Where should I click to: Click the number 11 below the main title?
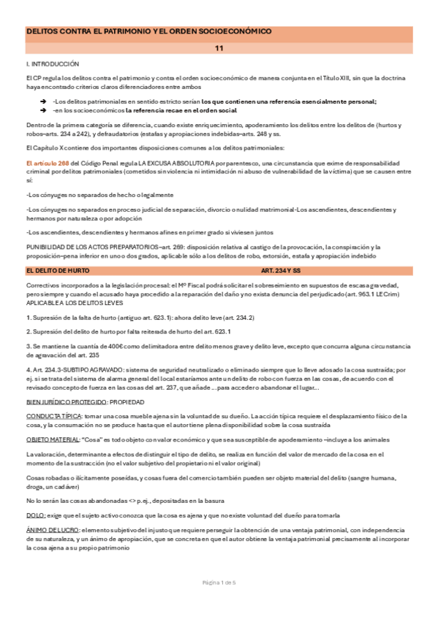(219, 48)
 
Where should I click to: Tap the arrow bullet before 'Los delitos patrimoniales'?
(45, 101)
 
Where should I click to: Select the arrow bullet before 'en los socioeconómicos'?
(45, 110)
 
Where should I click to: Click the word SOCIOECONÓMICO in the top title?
(227, 32)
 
